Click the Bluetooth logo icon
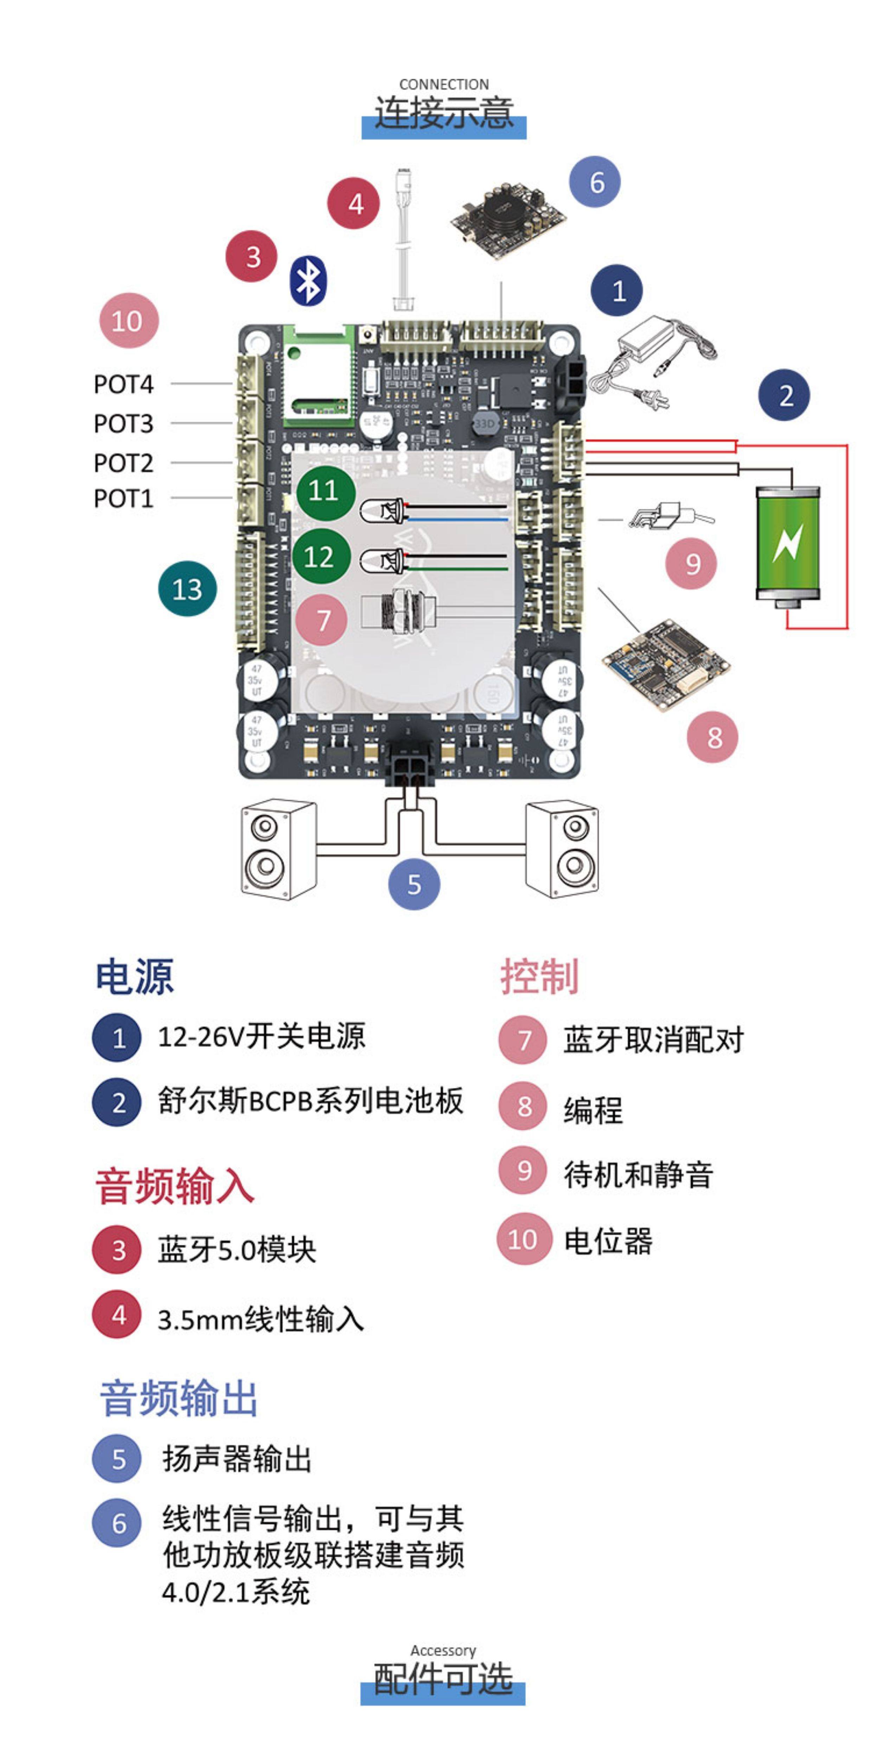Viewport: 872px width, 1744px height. (308, 280)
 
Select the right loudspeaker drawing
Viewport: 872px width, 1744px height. (562, 849)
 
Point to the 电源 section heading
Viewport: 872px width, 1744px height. (134, 976)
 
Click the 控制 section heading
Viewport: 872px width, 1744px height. (539, 976)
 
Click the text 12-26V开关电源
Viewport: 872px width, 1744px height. (261, 1036)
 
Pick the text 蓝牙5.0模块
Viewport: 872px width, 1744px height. (237, 1249)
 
